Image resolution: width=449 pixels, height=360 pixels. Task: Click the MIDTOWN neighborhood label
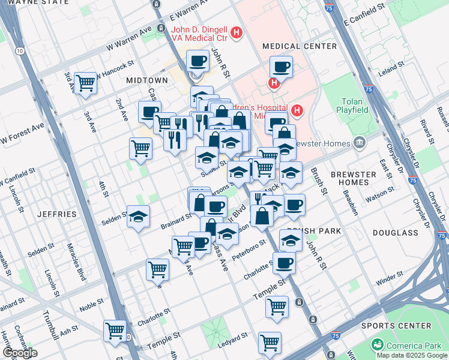[147, 80]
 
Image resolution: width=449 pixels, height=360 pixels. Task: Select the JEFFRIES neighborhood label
[57, 214]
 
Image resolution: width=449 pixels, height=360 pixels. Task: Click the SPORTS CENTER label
[396, 326]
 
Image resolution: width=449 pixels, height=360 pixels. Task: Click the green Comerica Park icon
[378, 344]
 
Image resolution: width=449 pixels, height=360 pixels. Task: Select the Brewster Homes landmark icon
[360, 143]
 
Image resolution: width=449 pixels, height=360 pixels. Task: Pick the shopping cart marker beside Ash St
[114, 329]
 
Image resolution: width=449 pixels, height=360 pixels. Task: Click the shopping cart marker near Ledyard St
[270, 343]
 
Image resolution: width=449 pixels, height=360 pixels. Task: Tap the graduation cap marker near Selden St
[138, 217]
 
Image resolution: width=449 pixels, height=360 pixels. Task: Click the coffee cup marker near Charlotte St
[284, 262]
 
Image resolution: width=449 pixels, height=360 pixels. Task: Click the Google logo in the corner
[19, 353]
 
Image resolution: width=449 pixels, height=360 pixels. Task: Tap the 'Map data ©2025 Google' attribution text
[411, 355]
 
